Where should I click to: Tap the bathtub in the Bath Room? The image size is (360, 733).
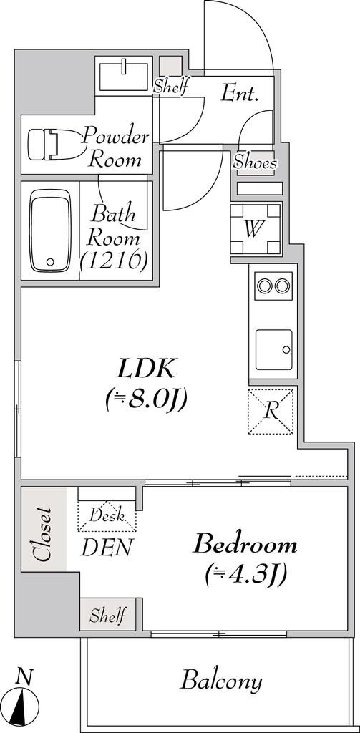[x=50, y=230]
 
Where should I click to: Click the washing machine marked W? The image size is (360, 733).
[x=256, y=229]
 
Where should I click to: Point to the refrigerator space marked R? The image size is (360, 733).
[x=271, y=412]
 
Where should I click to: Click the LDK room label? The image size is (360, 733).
[x=146, y=369]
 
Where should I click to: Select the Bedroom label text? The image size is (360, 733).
[x=245, y=545]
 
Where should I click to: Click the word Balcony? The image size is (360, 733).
[x=221, y=681]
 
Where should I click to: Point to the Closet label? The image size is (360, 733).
[x=43, y=534]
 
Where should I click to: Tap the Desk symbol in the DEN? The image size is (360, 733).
[x=107, y=515]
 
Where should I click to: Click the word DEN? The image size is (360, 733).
[x=107, y=548]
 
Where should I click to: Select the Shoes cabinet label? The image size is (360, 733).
[x=255, y=162]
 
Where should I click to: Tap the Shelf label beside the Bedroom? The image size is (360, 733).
[x=107, y=615]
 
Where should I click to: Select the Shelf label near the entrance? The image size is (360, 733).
[x=171, y=86]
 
